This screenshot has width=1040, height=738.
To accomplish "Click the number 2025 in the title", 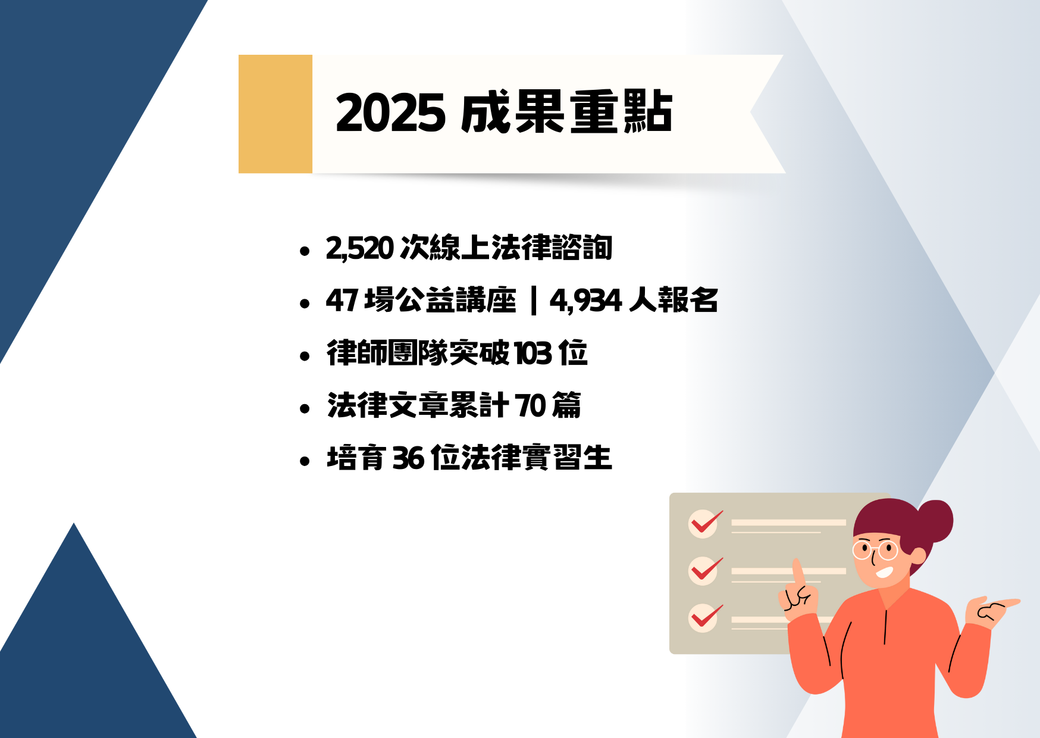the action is [x=390, y=113].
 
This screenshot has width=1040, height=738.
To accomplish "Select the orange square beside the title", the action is [x=275, y=114].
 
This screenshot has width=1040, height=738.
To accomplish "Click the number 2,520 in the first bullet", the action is [x=360, y=248].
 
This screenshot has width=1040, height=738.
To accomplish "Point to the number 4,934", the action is [x=586, y=301].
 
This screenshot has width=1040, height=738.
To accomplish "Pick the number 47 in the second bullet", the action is [x=342, y=301].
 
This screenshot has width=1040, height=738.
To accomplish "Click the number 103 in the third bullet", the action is [x=533, y=354].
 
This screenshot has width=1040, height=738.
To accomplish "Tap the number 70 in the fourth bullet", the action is [x=531, y=406].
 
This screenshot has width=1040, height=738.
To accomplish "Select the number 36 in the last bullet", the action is [x=409, y=458].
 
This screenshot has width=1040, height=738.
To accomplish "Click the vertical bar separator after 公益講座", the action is [x=533, y=301].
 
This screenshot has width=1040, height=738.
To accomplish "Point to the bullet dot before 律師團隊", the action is [x=305, y=356].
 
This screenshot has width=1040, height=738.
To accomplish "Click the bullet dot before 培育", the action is [x=305, y=461].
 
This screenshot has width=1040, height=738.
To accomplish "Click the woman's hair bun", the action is [x=935, y=521].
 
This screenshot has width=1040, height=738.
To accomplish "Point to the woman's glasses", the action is [x=875, y=550].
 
